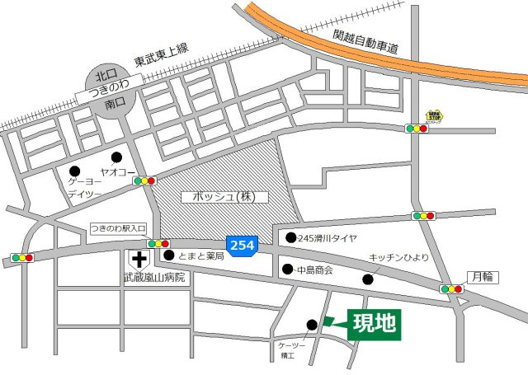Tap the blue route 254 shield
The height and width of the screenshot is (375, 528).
[242, 246]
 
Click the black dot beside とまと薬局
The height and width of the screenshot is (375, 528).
[169, 255]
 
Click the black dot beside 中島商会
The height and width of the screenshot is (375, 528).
[288, 270]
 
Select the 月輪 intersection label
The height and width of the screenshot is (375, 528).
[480, 277]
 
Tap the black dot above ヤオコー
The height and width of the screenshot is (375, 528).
[116, 157]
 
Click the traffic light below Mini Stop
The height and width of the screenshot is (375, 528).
[417, 129]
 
